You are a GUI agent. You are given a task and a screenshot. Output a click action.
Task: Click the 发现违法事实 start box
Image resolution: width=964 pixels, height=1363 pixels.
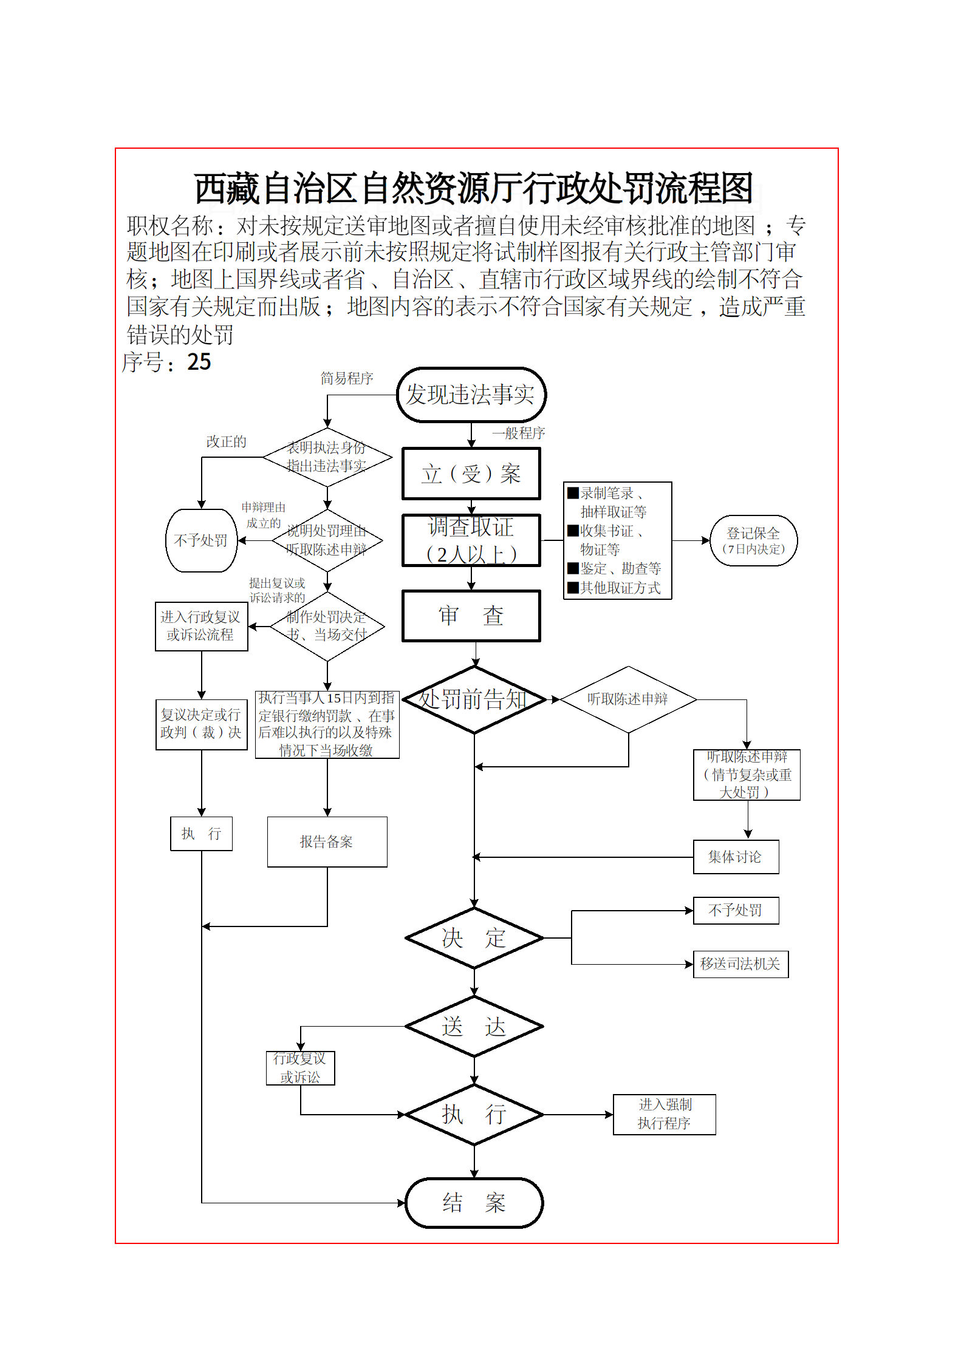coord(471,395)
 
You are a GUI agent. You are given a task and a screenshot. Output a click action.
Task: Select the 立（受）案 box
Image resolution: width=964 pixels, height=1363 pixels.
coord(471,474)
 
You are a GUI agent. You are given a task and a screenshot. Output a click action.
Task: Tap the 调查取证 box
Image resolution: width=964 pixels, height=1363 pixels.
coord(471,540)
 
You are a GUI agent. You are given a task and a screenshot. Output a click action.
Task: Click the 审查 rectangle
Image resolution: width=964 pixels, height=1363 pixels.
coord(471,616)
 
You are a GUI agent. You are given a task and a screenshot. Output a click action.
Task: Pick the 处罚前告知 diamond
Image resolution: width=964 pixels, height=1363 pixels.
coord(474,699)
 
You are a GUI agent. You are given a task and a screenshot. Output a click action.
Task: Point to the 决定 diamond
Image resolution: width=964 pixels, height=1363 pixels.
coord(474,938)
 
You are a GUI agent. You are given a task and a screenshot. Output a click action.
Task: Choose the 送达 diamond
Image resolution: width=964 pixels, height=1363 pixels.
coord(474,1027)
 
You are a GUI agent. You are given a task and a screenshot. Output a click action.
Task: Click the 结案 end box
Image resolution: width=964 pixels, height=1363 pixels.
coord(474,1203)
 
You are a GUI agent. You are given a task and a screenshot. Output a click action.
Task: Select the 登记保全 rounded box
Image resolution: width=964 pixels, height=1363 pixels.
coord(753,540)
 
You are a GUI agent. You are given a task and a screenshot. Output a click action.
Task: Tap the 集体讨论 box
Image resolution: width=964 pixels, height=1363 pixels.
coord(736,857)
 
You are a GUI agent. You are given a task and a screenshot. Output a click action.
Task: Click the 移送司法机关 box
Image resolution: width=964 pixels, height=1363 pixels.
coord(740,964)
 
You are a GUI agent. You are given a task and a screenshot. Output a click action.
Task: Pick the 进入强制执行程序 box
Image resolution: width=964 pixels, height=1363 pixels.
coord(664,1114)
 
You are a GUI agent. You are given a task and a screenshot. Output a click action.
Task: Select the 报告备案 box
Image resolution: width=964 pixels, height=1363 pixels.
coord(327,841)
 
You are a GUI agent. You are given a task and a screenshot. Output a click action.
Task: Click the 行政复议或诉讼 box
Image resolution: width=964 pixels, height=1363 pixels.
coord(300,1068)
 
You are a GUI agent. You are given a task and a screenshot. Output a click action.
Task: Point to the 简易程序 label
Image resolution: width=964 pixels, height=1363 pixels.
coord(347,378)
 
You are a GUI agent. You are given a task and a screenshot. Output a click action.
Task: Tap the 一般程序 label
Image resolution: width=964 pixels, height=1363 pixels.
coord(518,433)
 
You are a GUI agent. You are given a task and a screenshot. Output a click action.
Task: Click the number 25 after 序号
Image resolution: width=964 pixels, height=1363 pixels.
coord(199,362)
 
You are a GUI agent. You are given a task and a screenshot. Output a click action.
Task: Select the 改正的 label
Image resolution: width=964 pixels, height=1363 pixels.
coord(227,441)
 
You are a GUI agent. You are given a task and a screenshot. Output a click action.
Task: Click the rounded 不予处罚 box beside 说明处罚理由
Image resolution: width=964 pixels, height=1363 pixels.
coord(201,540)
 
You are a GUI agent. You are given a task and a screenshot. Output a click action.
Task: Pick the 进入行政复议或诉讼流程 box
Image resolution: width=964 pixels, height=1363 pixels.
coord(201,626)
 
